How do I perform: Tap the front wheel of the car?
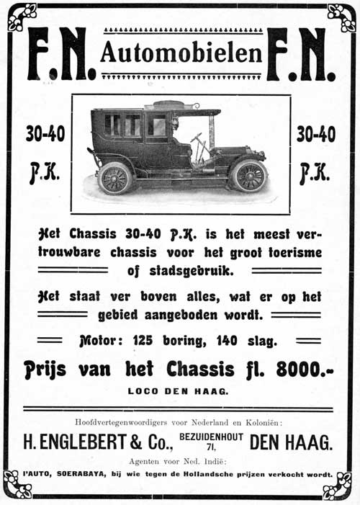pos(249,176)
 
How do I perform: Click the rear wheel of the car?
pos(116,177)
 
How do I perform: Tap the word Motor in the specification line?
pos(102,341)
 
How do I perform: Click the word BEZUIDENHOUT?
pos(213,437)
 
